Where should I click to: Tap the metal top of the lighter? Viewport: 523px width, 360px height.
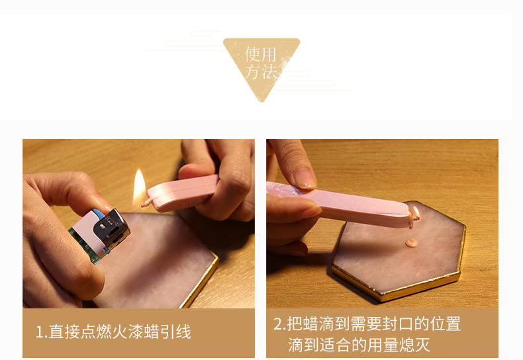[112, 229]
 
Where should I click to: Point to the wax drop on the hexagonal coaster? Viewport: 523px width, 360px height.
[412, 243]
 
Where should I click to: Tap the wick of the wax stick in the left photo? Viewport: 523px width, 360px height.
[146, 202]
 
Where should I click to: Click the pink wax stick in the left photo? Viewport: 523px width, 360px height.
[183, 193]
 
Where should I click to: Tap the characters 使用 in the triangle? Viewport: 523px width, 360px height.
[261, 54]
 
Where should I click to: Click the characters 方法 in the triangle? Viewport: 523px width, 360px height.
[261, 72]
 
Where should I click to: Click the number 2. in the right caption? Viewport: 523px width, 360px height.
[279, 324]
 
